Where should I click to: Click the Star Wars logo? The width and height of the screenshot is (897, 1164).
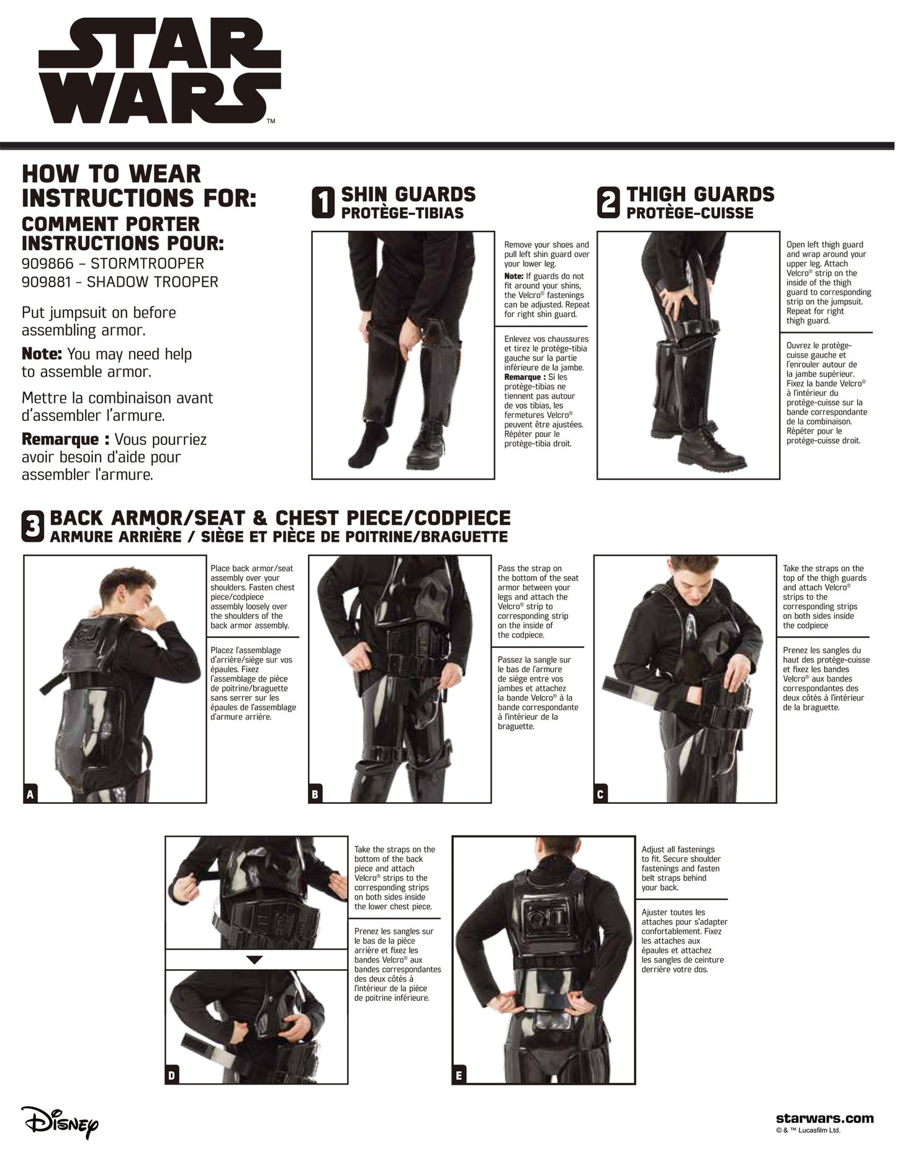coord(160,74)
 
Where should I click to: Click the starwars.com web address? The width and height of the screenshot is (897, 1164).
coord(824,1118)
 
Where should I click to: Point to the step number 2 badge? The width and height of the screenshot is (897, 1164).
coord(608,203)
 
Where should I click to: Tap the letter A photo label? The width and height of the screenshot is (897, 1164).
coord(30,794)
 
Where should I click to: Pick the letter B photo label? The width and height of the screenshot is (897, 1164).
coord(315,794)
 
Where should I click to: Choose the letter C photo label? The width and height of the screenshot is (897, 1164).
coord(600,794)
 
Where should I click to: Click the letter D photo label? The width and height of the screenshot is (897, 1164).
coord(172,1076)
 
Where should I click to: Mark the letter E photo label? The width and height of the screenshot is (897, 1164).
coord(459,1076)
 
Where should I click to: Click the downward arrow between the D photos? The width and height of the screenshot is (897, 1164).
coord(255,960)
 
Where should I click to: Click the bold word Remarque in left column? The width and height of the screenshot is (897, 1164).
coord(61,440)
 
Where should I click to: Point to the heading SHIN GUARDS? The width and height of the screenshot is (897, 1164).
coord(408,194)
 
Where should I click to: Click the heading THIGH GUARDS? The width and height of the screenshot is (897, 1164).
coord(700,194)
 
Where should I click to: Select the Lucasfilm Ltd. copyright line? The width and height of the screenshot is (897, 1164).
coord(808,1131)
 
